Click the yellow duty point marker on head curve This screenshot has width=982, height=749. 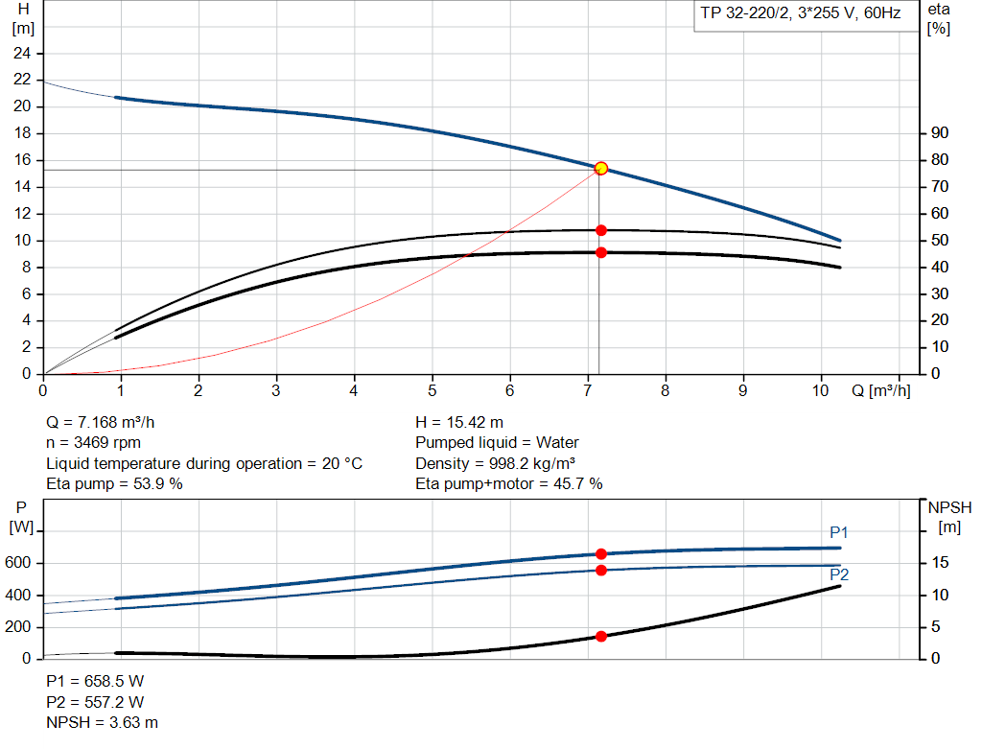pos(601,168)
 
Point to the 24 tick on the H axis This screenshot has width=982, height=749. pos(22,53)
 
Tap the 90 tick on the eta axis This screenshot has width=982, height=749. pos(940,133)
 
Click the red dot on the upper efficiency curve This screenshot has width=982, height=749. pos(601,230)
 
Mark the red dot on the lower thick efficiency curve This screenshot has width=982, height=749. pos(601,252)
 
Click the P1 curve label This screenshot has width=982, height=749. pos(839,533)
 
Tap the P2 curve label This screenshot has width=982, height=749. pos(839,574)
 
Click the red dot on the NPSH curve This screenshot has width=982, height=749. pos(601,636)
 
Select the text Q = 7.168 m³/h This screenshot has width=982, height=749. pos(100,422)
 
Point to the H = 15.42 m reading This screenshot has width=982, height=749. pos(459,422)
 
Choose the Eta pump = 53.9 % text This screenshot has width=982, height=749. pos(114,483)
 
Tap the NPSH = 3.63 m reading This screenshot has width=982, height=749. pos(103,722)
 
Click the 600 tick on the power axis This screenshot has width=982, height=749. pos(19,563)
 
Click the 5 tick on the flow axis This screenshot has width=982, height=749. pos(432,390)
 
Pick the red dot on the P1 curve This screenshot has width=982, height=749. pos(601,553)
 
